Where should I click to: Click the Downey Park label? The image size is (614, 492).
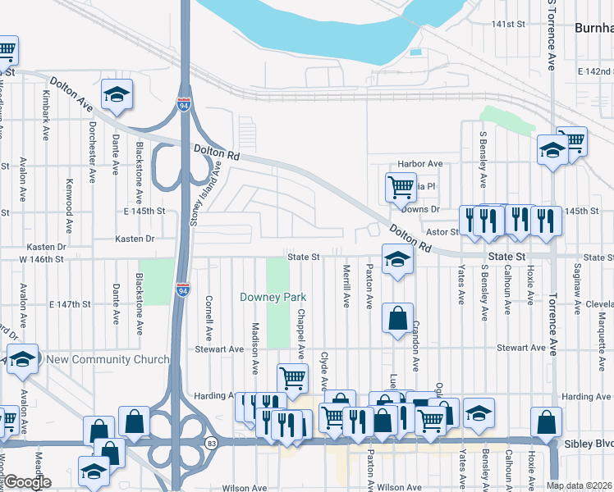point(268,297)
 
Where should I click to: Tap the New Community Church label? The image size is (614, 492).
point(108,359)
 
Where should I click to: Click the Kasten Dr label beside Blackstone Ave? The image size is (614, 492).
point(136,239)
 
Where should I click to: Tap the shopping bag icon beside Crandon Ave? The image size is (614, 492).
point(398,319)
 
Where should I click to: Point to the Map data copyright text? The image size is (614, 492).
point(580,485)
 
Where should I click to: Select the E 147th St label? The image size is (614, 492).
point(69,304)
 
